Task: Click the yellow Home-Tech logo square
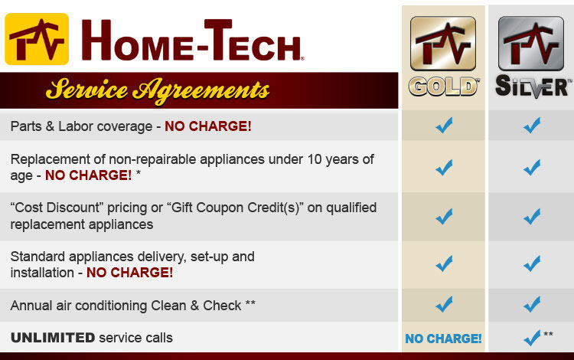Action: [37, 39]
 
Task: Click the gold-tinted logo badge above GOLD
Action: [443, 43]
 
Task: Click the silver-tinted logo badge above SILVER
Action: [531, 43]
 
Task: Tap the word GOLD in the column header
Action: [443, 87]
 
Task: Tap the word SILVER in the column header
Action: [533, 87]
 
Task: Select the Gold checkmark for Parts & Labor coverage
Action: [444, 126]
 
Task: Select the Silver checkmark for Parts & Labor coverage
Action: [532, 126]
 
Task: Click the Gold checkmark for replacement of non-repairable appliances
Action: [444, 168]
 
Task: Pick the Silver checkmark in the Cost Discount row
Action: [532, 217]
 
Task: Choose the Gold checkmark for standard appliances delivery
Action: [444, 263]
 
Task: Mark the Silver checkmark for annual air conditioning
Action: [532, 304]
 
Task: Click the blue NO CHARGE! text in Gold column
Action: [443, 339]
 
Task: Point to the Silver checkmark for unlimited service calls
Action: [532, 338]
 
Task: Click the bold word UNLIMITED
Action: [53, 337]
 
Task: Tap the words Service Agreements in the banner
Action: [158, 91]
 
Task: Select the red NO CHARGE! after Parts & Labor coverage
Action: [208, 126]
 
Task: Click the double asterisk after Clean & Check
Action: [250, 303]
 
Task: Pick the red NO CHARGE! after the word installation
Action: [129, 273]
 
